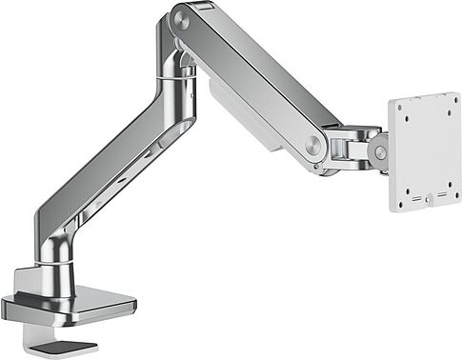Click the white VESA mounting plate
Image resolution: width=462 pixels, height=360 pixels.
425,152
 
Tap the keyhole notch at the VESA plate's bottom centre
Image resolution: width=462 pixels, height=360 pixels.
428,201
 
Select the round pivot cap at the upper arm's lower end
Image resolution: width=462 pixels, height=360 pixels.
313,144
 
